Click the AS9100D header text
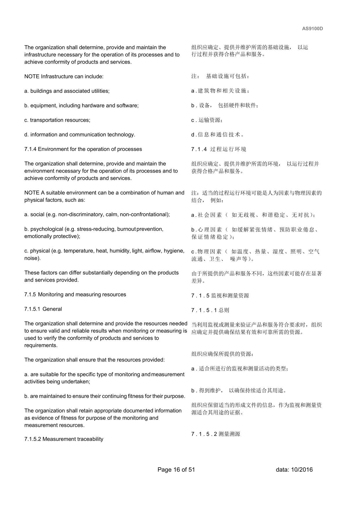point(312,29)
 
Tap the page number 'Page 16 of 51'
point(176,470)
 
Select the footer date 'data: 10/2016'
point(294,470)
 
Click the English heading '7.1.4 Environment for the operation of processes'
point(83,149)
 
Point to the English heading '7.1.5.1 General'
point(43,309)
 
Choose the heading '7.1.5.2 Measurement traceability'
point(64,439)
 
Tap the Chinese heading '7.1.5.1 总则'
point(210,310)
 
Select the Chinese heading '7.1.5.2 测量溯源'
point(216,434)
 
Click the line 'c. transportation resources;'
point(57,120)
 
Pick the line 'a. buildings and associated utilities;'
point(67,91)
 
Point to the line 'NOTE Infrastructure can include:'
point(64,76)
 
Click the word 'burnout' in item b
point(126,229)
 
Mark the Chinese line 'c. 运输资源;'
point(207,120)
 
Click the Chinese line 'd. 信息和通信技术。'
point(218,135)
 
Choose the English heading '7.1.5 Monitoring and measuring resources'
point(75,294)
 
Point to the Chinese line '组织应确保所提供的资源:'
point(222,354)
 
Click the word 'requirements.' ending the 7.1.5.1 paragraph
point(41,345)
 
